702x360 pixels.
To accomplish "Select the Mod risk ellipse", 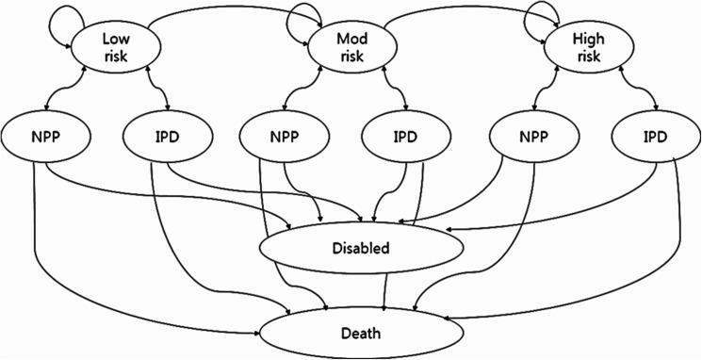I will (351, 48).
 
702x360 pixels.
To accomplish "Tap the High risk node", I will (589, 48).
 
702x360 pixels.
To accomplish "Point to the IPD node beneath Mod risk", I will (406, 138).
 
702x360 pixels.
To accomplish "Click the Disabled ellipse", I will (362, 249).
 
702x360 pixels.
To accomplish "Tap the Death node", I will (362, 332).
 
